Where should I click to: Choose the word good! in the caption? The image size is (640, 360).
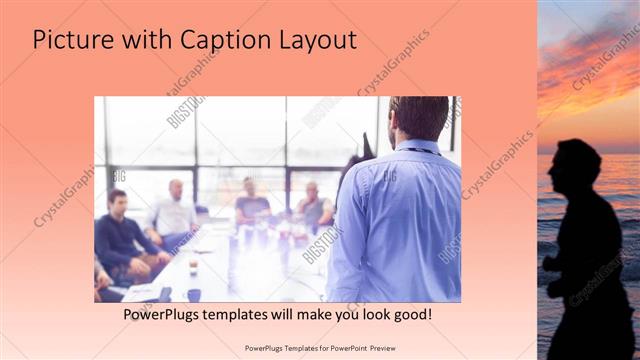point(411,314)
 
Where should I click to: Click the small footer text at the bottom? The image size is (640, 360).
point(319,348)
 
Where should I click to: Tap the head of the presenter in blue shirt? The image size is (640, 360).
point(418,118)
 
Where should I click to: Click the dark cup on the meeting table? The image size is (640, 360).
point(193,294)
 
